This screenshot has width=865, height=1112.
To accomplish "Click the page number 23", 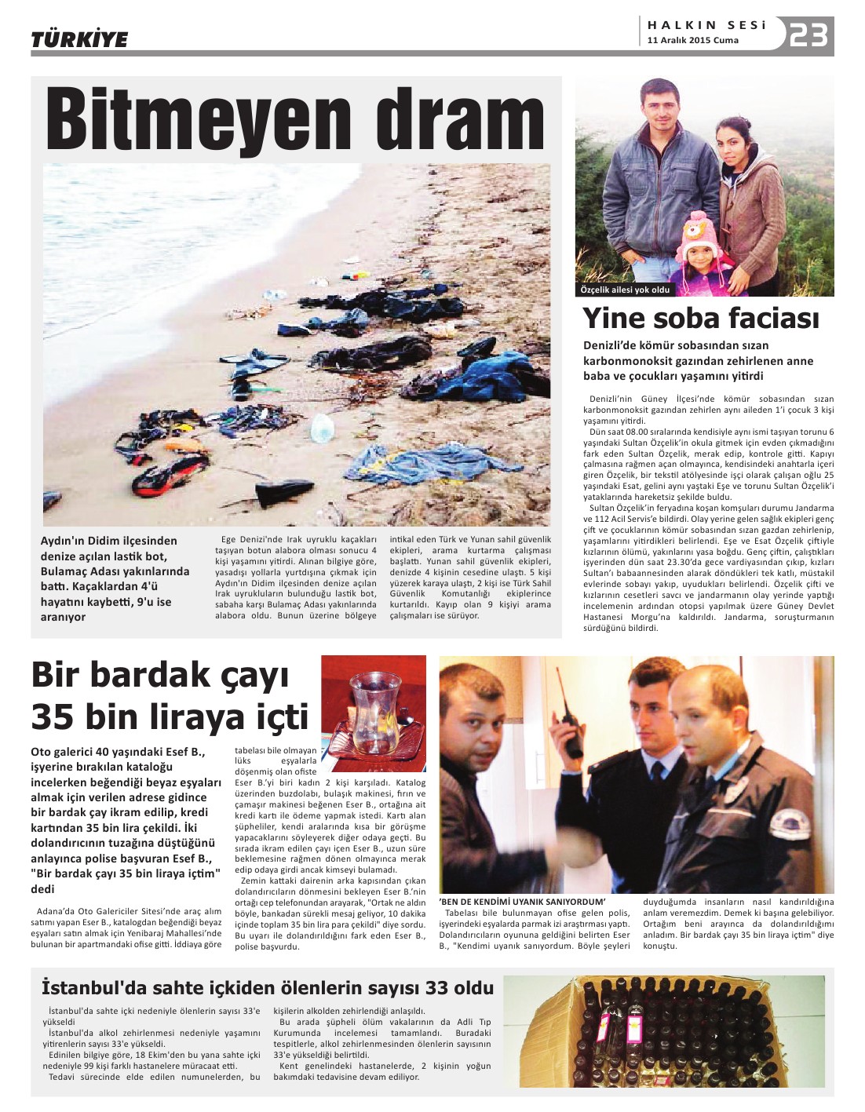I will [x=808, y=35].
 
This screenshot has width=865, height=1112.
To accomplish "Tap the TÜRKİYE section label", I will [x=79, y=39].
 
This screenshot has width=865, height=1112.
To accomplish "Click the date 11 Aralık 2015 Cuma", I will [x=692, y=41].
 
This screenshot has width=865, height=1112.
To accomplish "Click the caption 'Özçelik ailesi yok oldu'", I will [x=625, y=290].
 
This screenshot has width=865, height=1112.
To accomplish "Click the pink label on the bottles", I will [x=633, y=1025].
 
